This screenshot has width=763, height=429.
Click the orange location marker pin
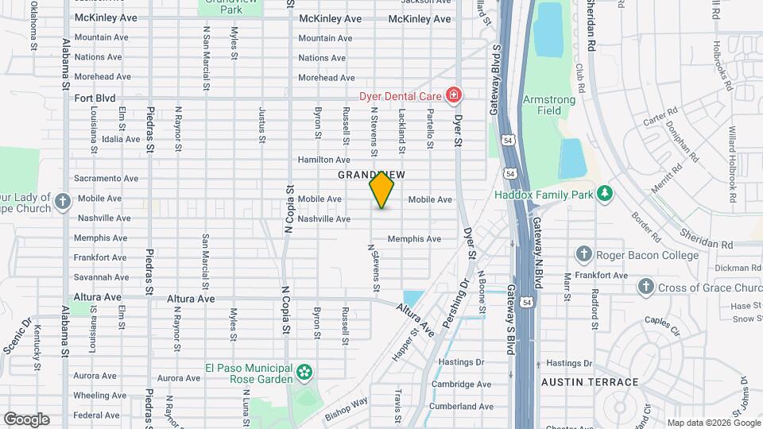[x=381, y=189]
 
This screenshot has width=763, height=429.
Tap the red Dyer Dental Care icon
[x=453, y=96]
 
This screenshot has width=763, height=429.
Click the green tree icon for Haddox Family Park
[x=605, y=194]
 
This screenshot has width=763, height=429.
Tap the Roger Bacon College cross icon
[x=583, y=255]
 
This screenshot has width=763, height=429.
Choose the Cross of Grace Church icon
[x=645, y=286]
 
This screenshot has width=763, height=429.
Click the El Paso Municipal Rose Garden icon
[x=304, y=372]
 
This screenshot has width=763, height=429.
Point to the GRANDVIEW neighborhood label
[x=371, y=174]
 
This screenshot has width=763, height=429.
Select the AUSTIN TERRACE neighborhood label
[x=590, y=382]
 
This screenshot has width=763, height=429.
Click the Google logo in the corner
[x=26, y=419]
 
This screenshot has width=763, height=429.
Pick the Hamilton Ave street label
[x=323, y=160]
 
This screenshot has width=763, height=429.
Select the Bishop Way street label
[x=346, y=408]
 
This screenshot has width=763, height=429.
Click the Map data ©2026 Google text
[x=713, y=423]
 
